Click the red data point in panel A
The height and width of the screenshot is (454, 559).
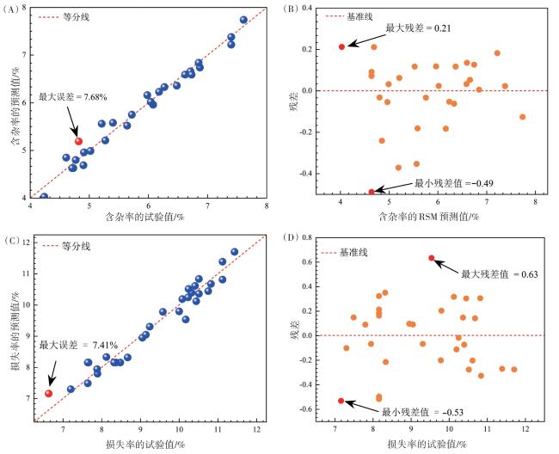coord(78,141)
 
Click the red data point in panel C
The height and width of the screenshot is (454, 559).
coord(48,393)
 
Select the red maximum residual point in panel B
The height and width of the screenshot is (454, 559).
coord(341,46)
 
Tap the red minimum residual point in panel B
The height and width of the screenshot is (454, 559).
coord(372,192)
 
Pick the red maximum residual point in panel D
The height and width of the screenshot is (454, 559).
coord(432,258)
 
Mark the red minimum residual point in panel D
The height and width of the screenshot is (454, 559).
coord(341,401)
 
